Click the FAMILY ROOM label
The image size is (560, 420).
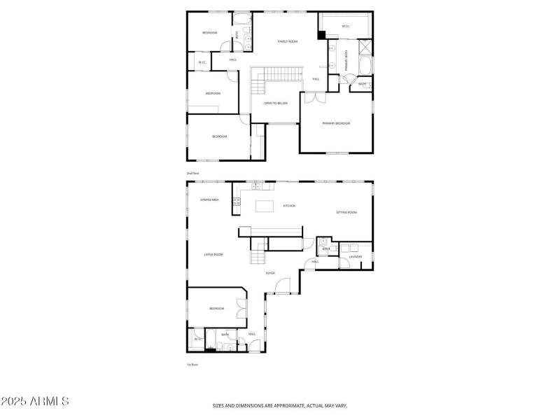288,41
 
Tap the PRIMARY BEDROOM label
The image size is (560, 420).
336,123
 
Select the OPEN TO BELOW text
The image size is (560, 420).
276,103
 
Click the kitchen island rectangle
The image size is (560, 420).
265,206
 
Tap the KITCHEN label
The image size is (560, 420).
289,206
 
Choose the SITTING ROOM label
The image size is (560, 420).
346,212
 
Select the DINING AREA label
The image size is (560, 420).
210,199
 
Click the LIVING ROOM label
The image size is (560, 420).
213,254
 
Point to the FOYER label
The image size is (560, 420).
269,273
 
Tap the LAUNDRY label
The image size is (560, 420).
356,256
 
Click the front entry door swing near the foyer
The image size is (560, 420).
282,285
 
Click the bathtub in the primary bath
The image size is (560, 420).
365,66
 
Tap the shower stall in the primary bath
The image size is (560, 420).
365,47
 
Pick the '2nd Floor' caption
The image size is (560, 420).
192,173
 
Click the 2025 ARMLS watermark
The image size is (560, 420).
35,402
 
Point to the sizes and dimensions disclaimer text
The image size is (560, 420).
280,405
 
